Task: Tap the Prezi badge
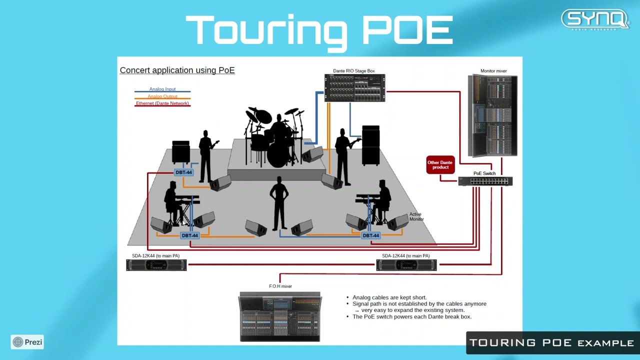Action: (x=27, y=342)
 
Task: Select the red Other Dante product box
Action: (x=440, y=165)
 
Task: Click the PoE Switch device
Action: (x=485, y=181)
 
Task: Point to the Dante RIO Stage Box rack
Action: (x=354, y=88)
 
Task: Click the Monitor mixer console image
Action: (x=492, y=115)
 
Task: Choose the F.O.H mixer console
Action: (x=280, y=316)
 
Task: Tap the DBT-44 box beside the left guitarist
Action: (x=183, y=172)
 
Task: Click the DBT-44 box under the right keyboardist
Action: (x=370, y=235)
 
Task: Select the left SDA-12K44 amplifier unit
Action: (x=156, y=265)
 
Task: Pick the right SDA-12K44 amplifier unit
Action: (x=406, y=265)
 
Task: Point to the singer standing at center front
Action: (x=279, y=202)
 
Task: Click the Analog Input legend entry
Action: (x=162, y=89)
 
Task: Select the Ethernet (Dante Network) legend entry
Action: (x=162, y=103)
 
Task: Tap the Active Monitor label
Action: (x=416, y=216)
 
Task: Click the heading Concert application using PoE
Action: (x=177, y=70)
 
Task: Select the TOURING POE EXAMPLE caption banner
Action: (x=551, y=343)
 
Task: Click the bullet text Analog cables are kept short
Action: (x=389, y=297)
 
